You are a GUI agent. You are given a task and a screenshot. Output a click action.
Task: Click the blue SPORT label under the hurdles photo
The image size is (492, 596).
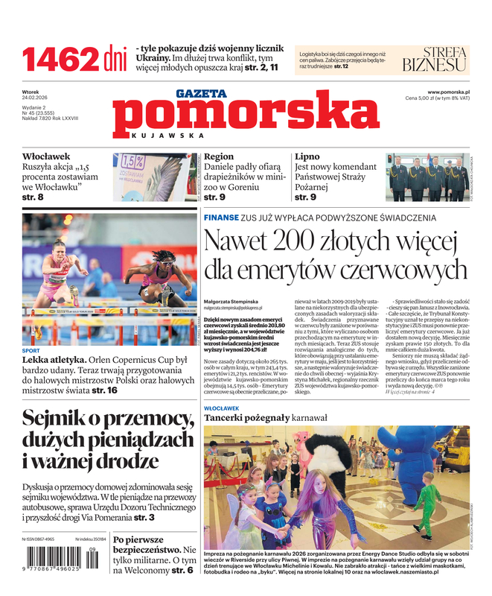click(x=31, y=350)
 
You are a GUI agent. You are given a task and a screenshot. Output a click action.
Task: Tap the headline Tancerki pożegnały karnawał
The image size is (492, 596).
click(x=265, y=418)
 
